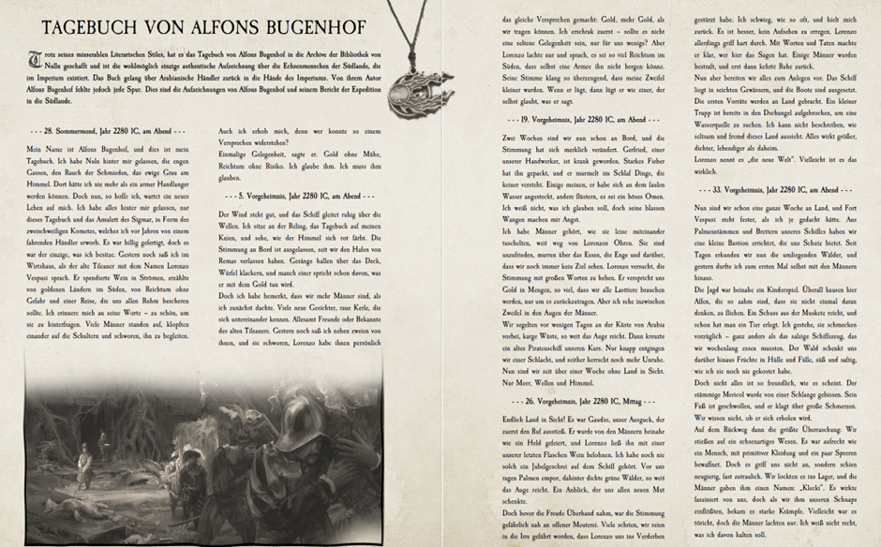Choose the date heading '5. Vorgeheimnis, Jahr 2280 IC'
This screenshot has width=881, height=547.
tap(299, 196)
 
